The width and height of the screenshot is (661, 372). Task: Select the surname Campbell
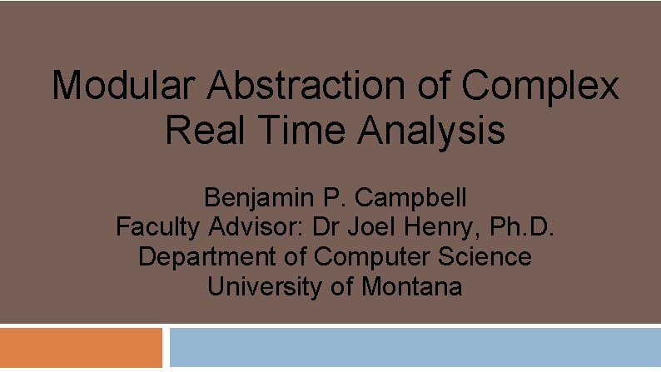pos(412,198)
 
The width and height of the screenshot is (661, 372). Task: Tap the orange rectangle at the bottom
pos(81,347)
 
